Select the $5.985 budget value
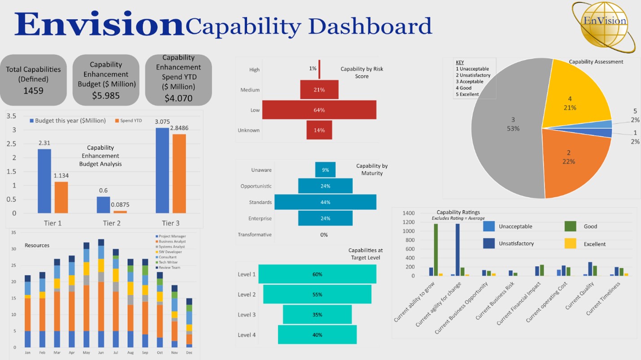106,95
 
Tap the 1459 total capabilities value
33,91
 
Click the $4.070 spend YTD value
179,98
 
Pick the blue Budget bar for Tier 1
44,181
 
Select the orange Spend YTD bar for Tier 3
179,173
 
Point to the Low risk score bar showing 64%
319,110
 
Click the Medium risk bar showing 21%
319,90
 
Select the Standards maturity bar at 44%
325,202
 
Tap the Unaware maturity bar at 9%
325,170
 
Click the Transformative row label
254,234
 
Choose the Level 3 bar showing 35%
317,315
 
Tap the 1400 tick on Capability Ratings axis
409,213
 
